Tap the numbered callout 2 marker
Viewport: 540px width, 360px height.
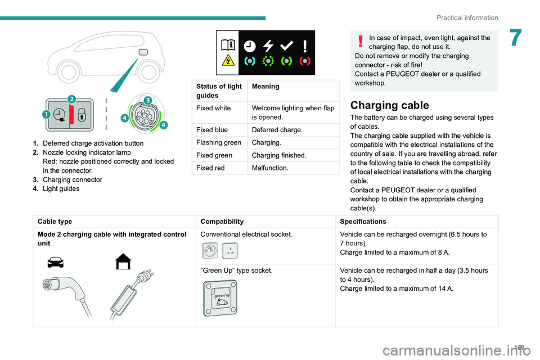[71, 100]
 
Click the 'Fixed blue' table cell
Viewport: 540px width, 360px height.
[210, 130]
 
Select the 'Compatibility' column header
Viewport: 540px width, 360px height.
[222, 222]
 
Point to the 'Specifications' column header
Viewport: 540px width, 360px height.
[362, 222]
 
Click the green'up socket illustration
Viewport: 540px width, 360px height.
[220, 298]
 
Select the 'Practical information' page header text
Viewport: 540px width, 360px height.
[466, 17]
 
